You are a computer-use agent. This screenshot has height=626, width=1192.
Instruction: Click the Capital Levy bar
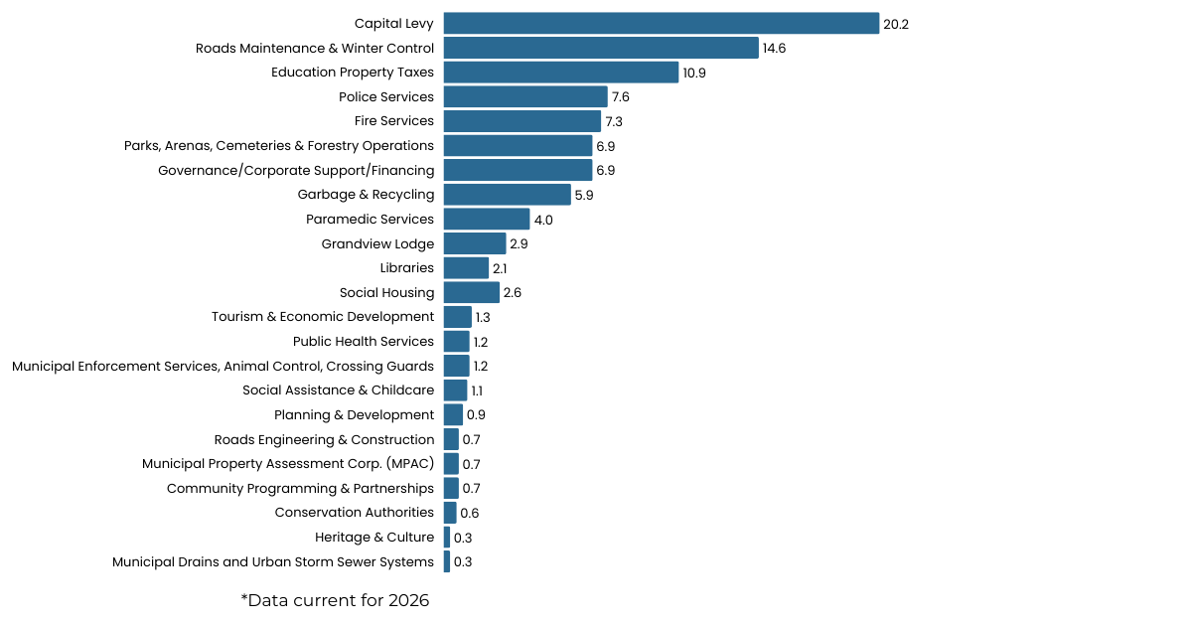[661, 23]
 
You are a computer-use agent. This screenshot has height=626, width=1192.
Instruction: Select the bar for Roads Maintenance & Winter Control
[601, 48]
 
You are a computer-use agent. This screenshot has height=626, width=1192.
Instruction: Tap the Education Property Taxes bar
[561, 73]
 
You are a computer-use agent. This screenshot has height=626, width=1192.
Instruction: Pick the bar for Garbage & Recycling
[507, 195]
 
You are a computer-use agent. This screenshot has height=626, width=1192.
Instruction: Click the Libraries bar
[466, 268]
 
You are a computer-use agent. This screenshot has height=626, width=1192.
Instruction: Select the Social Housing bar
[471, 292]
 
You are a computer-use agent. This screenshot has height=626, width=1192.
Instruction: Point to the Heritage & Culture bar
[447, 538]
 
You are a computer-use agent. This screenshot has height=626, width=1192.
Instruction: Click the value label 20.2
[896, 24]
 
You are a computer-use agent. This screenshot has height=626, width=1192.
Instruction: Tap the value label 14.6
[774, 48]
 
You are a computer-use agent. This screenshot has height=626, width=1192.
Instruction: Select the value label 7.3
[617, 121]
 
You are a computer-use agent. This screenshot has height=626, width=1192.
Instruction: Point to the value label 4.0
[543, 220]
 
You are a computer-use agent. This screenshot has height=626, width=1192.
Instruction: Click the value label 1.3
[483, 317]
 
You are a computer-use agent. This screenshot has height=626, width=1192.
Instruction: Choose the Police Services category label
[386, 96]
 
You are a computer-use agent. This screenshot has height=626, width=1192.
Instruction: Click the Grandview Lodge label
[377, 243]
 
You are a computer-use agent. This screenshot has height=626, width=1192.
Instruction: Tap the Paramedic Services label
[370, 220]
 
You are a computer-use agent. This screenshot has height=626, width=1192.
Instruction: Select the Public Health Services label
[364, 342]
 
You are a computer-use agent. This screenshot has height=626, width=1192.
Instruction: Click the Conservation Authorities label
[355, 513]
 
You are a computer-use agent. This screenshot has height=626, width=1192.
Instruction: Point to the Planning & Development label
[355, 415]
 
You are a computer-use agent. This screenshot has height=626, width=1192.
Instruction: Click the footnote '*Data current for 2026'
[335, 600]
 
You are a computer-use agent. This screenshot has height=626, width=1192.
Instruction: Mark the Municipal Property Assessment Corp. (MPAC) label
[288, 464]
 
